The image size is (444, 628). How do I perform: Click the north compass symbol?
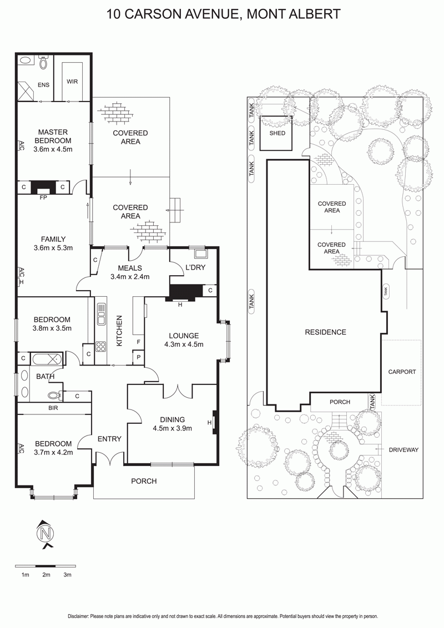pyautogui.click(x=46, y=534)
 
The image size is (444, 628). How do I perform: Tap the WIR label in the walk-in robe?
pyautogui.click(x=72, y=82)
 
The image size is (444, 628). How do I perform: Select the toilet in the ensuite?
pyautogui.click(x=43, y=63)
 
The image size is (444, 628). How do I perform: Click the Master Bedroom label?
pyautogui.click(x=53, y=136)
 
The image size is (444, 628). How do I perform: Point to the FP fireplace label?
pyautogui.click(x=43, y=197)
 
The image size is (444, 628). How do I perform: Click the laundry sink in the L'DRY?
pyautogui.click(x=200, y=253)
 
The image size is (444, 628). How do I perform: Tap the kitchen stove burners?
pyautogui.click(x=101, y=346)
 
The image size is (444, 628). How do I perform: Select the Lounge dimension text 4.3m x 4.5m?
pyautogui.click(x=184, y=345)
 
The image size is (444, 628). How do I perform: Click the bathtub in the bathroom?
pyautogui.click(x=47, y=359)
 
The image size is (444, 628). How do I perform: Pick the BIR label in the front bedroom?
pyautogui.click(x=53, y=408)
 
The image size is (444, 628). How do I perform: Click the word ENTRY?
pyautogui.click(x=109, y=439)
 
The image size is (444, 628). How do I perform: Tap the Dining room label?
pyautogui.click(x=172, y=420)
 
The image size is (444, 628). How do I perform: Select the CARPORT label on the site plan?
pyautogui.click(x=402, y=372)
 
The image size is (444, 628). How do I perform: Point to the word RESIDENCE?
pyautogui.click(x=325, y=332)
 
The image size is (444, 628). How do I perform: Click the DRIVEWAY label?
pyautogui.click(x=403, y=450)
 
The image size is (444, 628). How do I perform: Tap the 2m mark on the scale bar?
pyautogui.click(x=47, y=575)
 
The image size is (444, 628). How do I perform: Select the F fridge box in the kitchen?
pyautogui.click(x=139, y=342)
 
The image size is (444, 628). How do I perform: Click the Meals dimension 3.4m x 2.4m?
pyautogui.click(x=130, y=276)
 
